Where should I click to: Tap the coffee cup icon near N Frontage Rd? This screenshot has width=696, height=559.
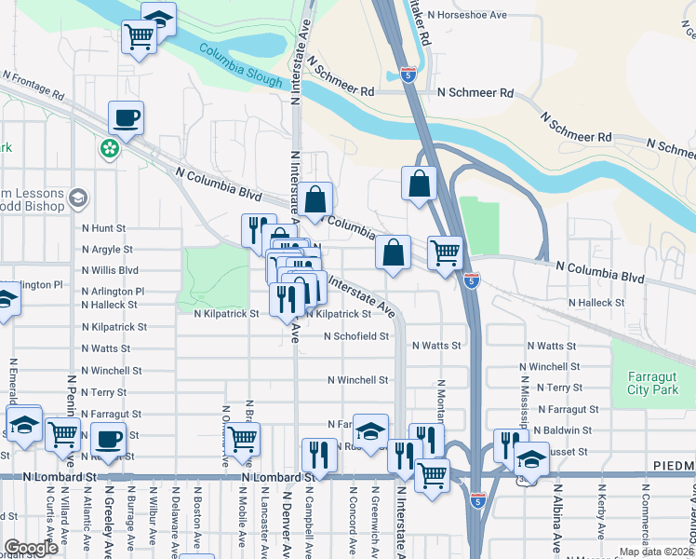[126, 118]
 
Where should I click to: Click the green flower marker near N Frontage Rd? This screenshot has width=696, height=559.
[111, 147]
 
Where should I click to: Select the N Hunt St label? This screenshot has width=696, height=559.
[103, 227]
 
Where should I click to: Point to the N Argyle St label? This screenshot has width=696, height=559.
[108, 250]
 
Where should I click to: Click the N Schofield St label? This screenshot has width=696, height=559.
[355, 336]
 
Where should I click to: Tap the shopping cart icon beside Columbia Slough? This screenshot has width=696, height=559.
[139, 38]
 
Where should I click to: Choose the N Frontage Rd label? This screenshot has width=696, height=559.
[33, 85]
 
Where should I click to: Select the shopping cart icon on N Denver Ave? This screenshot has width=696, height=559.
[243, 438]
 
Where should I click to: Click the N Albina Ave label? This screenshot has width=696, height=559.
[558, 517]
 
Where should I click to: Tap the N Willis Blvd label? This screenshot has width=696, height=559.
[110, 271]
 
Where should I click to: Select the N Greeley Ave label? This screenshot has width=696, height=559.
[109, 517]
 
